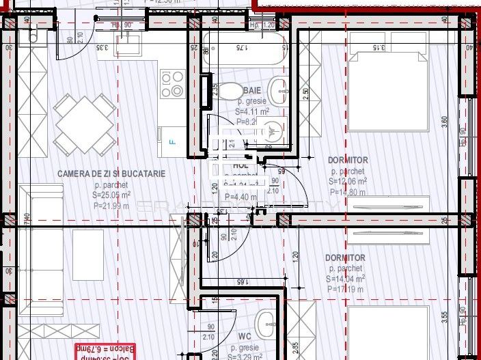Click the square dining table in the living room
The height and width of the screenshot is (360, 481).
[x=85, y=124]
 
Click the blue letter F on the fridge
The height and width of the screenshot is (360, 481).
[x=171, y=143]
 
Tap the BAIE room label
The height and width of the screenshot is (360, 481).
[x=252, y=89]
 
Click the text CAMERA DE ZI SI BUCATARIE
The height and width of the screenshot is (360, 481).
[x=111, y=174]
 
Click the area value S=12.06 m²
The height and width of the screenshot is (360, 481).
[x=347, y=182]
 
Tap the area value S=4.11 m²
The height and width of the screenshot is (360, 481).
[x=251, y=111]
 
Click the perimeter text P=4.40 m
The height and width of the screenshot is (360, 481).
[x=242, y=198]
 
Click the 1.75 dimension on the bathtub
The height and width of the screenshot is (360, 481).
[x=240, y=48]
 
